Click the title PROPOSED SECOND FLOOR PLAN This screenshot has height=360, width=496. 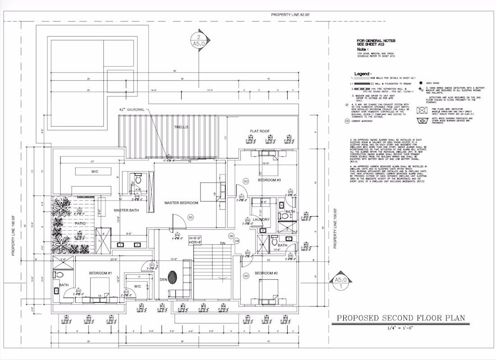tap(401, 319)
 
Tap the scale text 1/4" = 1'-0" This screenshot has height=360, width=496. tap(400, 328)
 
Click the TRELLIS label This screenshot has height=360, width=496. tap(182, 128)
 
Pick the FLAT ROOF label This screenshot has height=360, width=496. tap(260, 131)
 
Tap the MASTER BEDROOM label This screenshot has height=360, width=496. tap(181, 203)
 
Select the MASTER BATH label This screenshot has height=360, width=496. tap(126, 210)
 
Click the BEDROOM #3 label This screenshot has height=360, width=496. tap(270, 180)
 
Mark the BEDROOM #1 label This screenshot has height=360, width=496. tap(100, 273)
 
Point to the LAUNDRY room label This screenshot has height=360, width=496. tap(261, 219)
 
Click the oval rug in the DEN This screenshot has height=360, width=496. tap(172, 276)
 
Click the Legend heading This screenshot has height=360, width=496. tap(363, 73)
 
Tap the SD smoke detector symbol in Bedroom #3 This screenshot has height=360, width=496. tap(246, 181)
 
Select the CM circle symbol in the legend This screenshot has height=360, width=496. tap(347, 121)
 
